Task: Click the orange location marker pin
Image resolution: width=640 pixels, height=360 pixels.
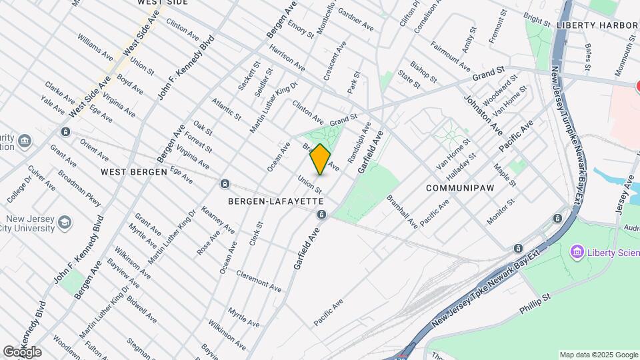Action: (321, 159)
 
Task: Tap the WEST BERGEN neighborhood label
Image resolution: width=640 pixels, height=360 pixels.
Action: (133, 171)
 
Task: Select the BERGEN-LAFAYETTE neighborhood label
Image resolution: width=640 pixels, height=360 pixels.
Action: (275, 201)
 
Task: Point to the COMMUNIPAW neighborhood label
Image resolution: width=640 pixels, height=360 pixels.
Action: (460, 188)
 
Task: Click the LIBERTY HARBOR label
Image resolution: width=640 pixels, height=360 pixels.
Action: (597, 25)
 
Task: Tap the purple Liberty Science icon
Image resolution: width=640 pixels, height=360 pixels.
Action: (577, 252)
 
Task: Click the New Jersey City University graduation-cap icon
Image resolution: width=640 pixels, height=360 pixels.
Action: (65, 221)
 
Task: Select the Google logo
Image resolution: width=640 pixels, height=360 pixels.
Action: (22, 351)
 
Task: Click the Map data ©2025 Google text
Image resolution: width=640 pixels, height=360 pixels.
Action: (598, 355)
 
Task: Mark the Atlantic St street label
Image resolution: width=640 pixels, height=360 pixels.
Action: (226, 109)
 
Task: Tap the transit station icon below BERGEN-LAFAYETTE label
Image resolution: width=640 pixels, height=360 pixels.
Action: (322, 214)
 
